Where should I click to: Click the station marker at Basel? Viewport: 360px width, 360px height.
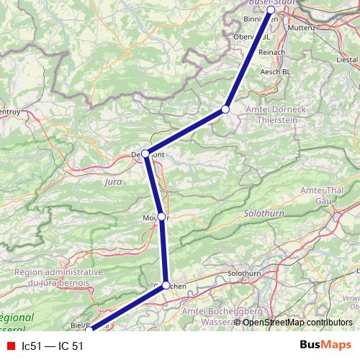tap(271, 11)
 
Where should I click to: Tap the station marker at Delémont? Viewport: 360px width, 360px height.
tap(145, 153)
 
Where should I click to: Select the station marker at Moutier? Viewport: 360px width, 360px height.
tap(162, 217)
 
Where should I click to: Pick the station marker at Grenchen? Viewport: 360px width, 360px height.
tap(166, 285)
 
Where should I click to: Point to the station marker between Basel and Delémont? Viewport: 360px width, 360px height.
tap(225, 109)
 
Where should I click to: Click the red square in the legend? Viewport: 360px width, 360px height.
tap(11, 346)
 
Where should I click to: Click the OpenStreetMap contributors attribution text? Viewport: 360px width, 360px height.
tap(298, 322)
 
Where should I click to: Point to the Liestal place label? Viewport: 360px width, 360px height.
tap(348, 59)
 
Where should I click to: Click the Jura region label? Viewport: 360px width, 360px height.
tap(113, 182)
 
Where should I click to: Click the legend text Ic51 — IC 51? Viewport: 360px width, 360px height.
tap(53, 346)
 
